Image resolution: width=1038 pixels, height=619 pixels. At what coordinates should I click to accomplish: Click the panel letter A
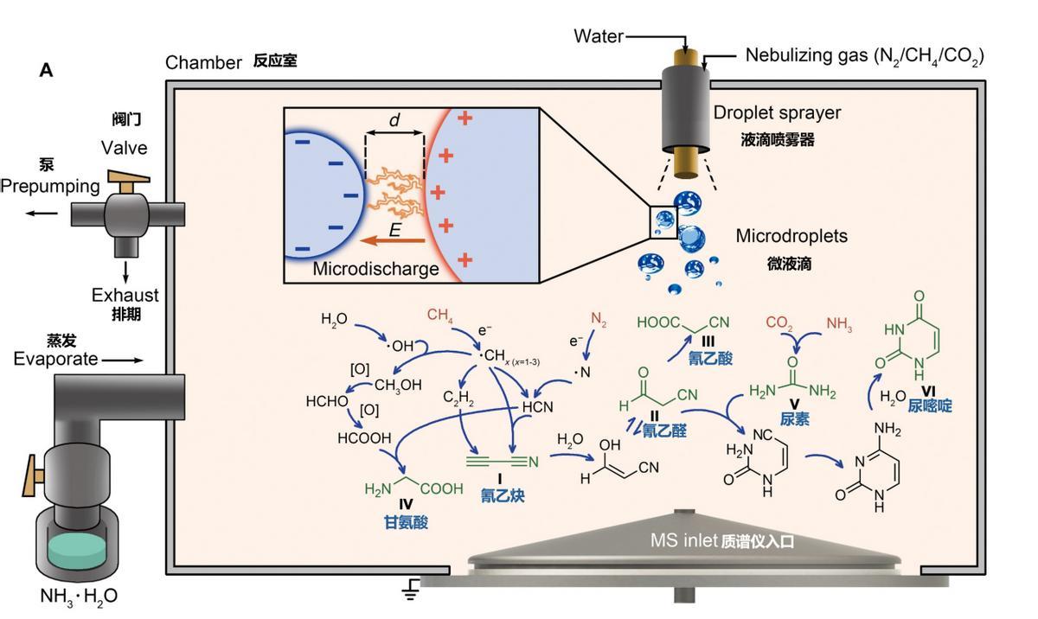(x=46, y=70)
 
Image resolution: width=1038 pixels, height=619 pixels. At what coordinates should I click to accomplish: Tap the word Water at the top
(x=599, y=36)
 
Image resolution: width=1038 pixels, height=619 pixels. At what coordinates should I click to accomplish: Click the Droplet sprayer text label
(x=777, y=112)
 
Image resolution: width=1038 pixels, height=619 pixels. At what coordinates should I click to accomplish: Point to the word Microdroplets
(x=791, y=236)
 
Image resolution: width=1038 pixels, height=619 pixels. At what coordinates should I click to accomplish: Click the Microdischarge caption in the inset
(x=375, y=269)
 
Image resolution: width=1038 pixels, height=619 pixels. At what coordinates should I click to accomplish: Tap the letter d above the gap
(x=394, y=121)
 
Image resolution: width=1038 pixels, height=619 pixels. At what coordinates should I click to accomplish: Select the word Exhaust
(x=125, y=296)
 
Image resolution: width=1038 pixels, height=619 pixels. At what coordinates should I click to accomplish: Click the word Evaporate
(x=55, y=359)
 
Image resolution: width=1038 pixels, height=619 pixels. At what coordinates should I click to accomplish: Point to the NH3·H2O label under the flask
(x=79, y=596)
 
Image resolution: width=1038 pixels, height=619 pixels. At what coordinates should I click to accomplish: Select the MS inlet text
(x=683, y=541)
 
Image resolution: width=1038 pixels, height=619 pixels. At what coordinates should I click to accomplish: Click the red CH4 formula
(x=440, y=316)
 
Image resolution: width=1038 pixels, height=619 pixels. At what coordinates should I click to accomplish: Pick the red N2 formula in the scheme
(x=599, y=319)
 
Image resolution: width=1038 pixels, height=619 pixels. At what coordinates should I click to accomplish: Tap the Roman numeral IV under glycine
(x=407, y=506)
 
